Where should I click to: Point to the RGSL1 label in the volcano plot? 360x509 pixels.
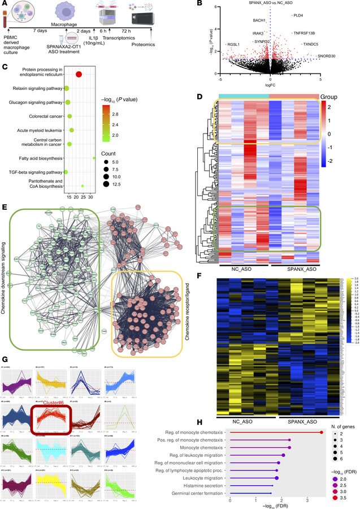[233, 44]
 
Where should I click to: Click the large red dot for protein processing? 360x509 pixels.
[79, 75]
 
